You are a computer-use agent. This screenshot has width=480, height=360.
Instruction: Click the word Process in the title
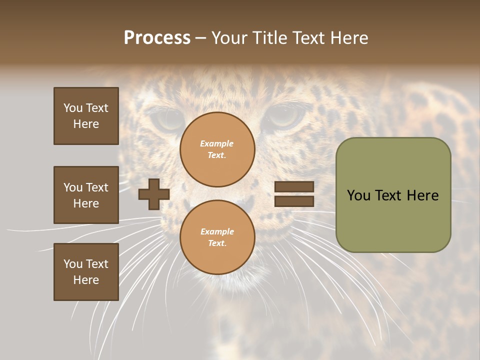[157, 38]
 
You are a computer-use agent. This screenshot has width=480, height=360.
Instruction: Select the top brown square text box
[86, 116]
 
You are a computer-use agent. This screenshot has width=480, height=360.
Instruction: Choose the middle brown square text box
[86, 195]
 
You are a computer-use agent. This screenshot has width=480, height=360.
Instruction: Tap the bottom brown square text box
[86, 272]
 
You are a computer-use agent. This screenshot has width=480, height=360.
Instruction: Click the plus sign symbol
[154, 194]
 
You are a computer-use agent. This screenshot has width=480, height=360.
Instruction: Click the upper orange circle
[217, 149]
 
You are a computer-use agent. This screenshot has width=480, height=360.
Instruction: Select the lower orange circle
[217, 237]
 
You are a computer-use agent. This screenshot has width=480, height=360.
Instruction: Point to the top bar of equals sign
[294, 187]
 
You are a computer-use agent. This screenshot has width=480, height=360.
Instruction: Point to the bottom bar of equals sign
[294, 201]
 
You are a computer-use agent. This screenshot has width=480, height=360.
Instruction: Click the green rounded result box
[393, 195]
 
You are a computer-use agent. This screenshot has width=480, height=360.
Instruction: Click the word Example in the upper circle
[217, 143]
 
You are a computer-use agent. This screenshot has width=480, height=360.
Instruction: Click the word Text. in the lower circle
[217, 243]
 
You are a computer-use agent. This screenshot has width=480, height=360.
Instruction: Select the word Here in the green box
[422, 195]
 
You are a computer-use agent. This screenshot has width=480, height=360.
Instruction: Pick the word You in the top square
[73, 108]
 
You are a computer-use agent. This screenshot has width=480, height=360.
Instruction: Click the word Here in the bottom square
[86, 280]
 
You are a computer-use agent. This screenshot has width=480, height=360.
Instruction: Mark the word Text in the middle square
[97, 187]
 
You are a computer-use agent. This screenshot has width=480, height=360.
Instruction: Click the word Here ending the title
[350, 38]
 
